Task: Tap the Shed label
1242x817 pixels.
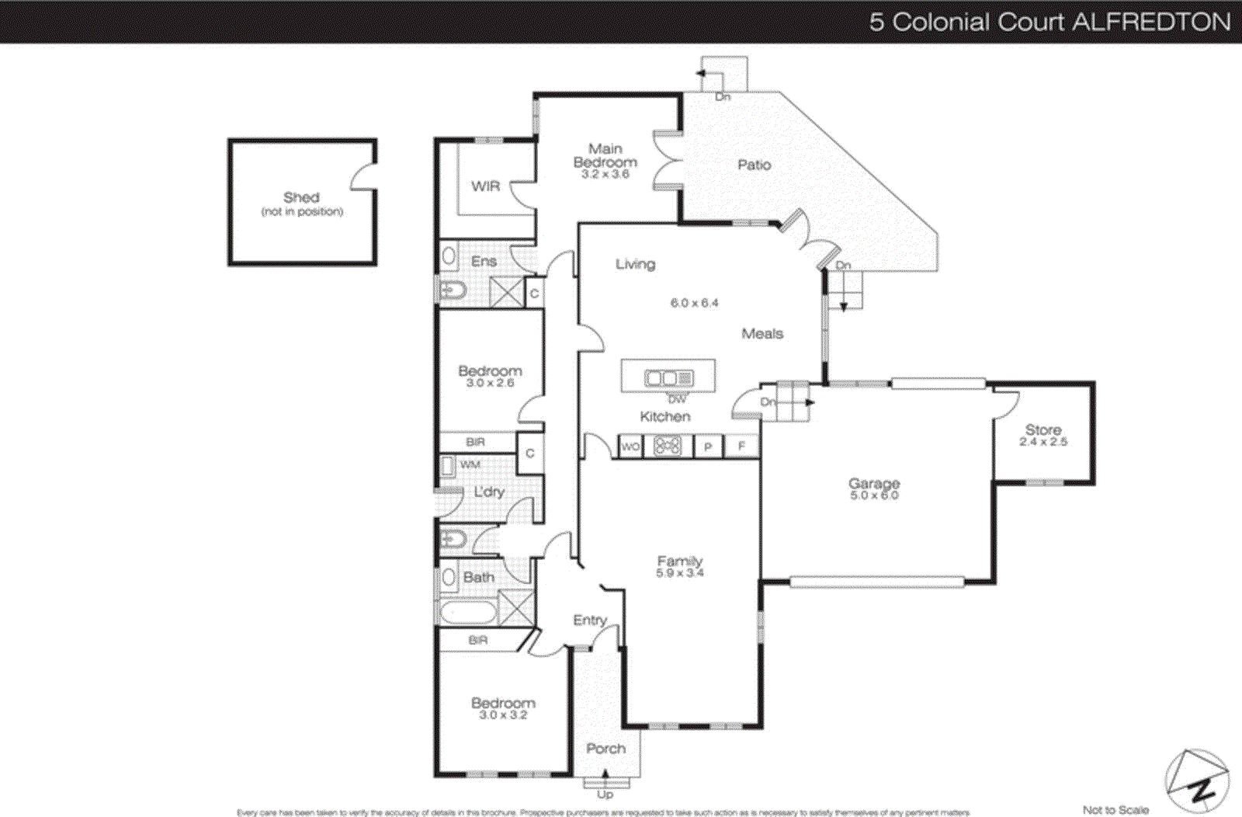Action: click(301, 197)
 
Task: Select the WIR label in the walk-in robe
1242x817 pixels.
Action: click(485, 186)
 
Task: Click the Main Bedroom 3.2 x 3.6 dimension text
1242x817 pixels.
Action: click(605, 174)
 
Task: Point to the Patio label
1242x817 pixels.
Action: click(754, 165)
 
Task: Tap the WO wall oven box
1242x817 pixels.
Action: click(630, 447)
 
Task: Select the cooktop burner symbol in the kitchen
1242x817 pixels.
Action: click(667, 446)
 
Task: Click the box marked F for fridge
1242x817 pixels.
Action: click(741, 447)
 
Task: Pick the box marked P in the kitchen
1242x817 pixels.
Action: click(707, 447)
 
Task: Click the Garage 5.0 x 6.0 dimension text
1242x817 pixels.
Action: click(874, 495)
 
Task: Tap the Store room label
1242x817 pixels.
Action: click(1043, 429)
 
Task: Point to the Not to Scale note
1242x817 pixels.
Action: click(1115, 809)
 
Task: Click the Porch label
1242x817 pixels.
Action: click(605, 749)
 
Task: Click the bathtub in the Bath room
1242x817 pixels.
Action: click(468, 613)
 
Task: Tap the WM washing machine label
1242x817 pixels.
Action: click(470, 464)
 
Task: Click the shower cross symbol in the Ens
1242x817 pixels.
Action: click(507, 293)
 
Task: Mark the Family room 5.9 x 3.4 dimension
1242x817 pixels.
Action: click(679, 573)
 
